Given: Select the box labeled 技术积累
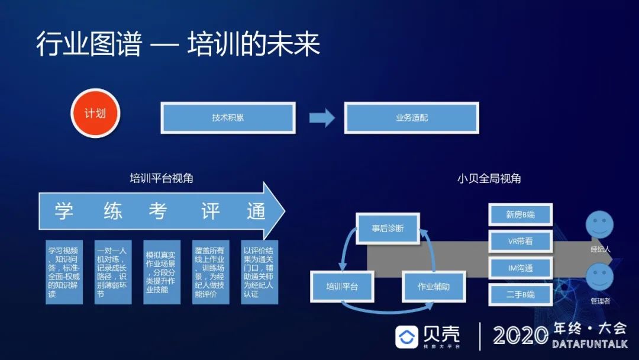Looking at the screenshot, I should tap(228, 117).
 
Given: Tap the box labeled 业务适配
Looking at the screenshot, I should tap(412, 117).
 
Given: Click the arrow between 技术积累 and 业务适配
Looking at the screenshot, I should tap(322, 117).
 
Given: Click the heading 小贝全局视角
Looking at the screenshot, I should tap(489, 178).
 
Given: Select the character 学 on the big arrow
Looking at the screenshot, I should tap(64, 211).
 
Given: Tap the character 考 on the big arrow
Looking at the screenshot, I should tap(158, 211).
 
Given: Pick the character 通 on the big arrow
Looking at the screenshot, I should tap(256, 211).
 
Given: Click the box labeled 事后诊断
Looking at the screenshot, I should tap(388, 228).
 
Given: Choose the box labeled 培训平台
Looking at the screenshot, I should tap(342, 287).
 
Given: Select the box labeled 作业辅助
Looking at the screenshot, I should tap(434, 287).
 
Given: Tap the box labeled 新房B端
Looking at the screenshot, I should tap(521, 214).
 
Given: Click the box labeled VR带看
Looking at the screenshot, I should tap(521, 241).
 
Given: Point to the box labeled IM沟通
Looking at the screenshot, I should tap(521, 268).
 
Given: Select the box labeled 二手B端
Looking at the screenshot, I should tap(521, 294).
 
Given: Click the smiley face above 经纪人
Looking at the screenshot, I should tap(599, 226).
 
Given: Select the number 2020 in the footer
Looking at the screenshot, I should tap(521, 336).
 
